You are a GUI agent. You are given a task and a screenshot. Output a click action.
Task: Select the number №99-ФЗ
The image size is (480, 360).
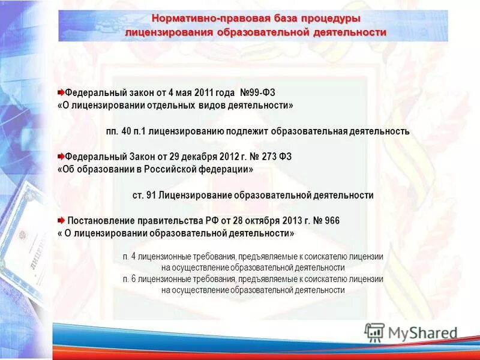point(257,93)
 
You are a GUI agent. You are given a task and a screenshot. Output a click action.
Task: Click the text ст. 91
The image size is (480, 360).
point(142,195)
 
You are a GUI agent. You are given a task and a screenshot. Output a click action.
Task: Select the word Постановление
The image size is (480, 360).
point(104,220)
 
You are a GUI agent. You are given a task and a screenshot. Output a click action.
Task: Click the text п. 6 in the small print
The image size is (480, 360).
point(128,279)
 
